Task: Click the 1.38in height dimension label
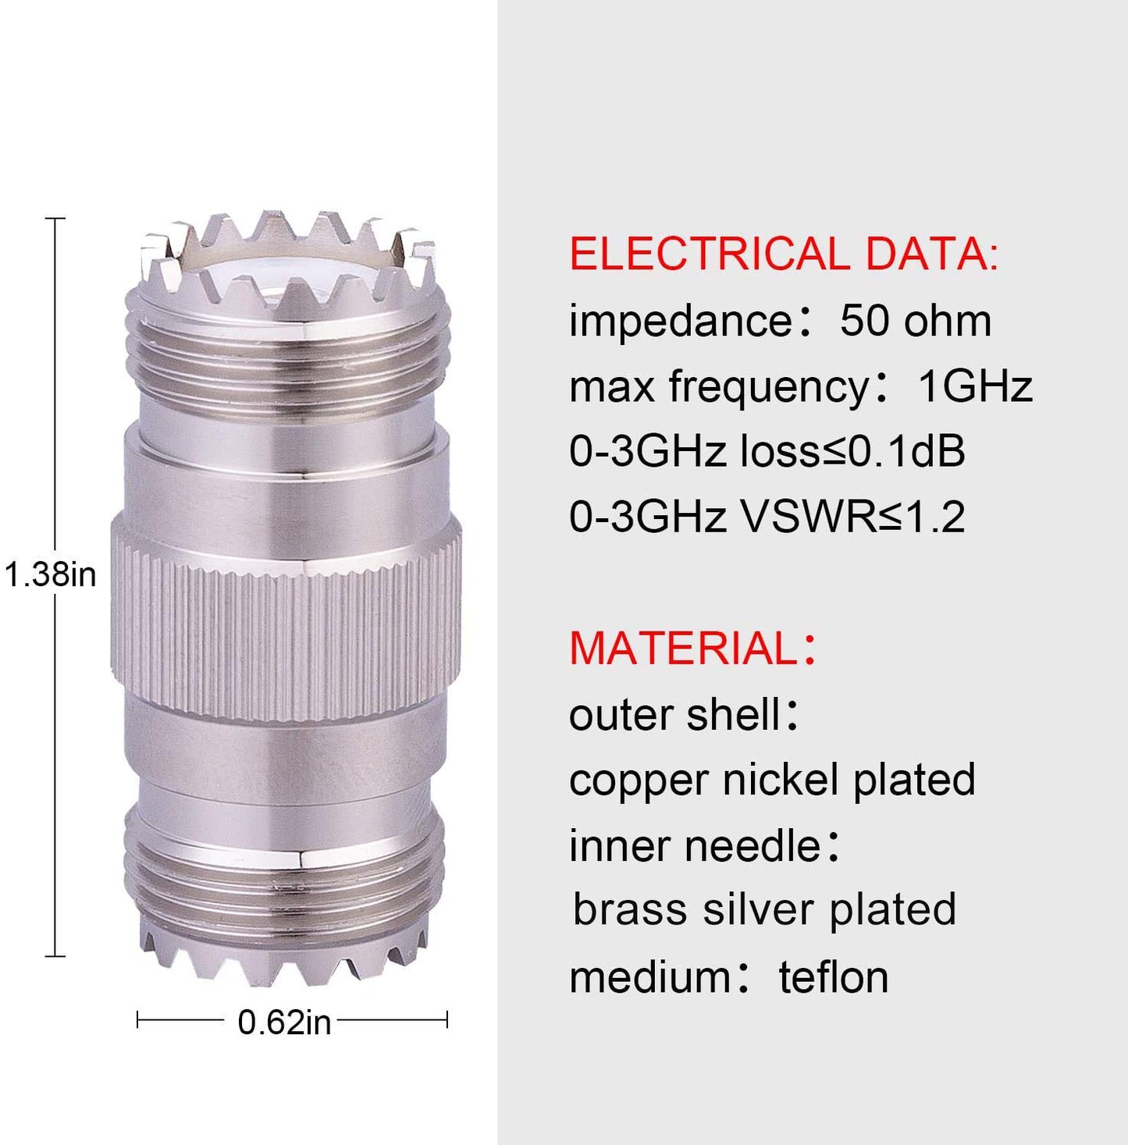point(50,575)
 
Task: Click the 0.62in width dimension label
point(284,1022)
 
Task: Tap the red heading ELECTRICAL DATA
point(784,254)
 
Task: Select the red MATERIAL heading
point(693,648)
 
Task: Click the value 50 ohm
point(915,321)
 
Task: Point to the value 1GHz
point(975,386)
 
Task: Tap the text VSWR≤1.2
point(854,516)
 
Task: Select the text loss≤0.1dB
point(852,450)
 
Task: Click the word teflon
point(834,977)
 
